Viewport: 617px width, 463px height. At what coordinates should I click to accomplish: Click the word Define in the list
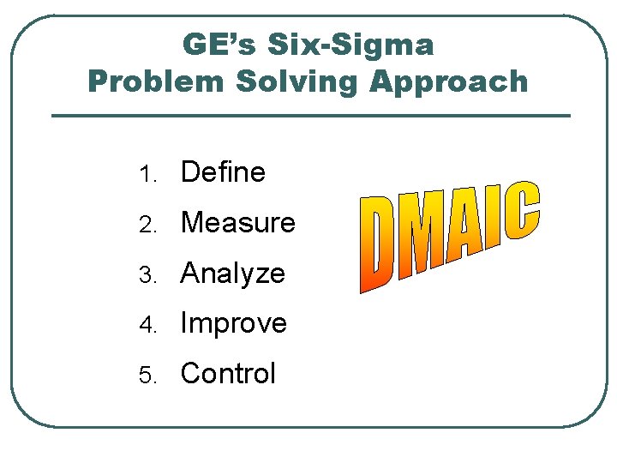223,172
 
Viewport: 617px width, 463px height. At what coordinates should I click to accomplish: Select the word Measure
237,223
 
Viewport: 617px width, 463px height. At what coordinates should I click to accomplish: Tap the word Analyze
232,274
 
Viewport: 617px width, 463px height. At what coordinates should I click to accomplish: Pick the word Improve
233,323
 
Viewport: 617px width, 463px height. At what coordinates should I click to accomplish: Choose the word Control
228,374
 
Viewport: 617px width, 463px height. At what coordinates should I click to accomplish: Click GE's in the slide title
220,45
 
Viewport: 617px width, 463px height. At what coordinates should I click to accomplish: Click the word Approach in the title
449,82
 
